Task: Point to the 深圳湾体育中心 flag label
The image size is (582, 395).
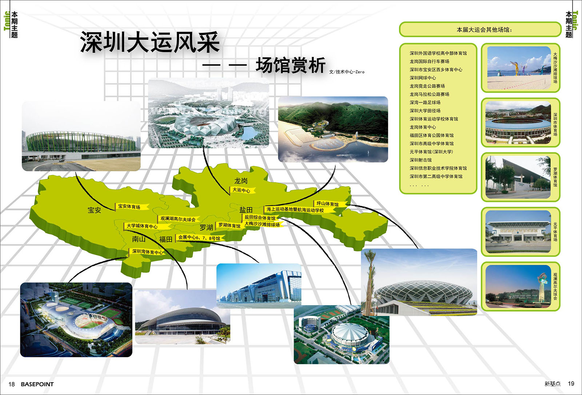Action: pyautogui.click(x=147, y=252)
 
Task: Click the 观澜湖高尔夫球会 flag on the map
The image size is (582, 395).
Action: pyautogui.click(x=178, y=219)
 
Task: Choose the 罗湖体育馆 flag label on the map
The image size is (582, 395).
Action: pyautogui.click(x=230, y=225)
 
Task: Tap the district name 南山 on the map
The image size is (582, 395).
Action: pyautogui.click(x=139, y=239)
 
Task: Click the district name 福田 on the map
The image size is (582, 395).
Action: pyautogui.click(x=166, y=239)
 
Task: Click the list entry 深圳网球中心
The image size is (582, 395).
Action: pyautogui.click(x=423, y=78)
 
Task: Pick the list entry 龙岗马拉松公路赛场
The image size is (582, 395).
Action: pyautogui.click(x=429, y=94)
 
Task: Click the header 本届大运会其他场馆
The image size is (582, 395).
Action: pyautogui.click(x=484, y=30)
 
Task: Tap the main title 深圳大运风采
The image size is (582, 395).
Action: pyautogui.click(x=150, y=42)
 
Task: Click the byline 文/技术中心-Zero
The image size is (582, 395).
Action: pyautogui.click(x=347, y=72)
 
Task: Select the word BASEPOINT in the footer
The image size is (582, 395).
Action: pyautogui.click(x=37, y=384)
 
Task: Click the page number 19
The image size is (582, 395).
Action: pyautogui.click(x=571, y=384)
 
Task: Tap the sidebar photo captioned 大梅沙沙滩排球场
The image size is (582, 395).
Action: pyautogui.click(x=519, y=68)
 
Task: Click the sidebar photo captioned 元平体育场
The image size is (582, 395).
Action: pyautogui.click(x=518, y=232)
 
